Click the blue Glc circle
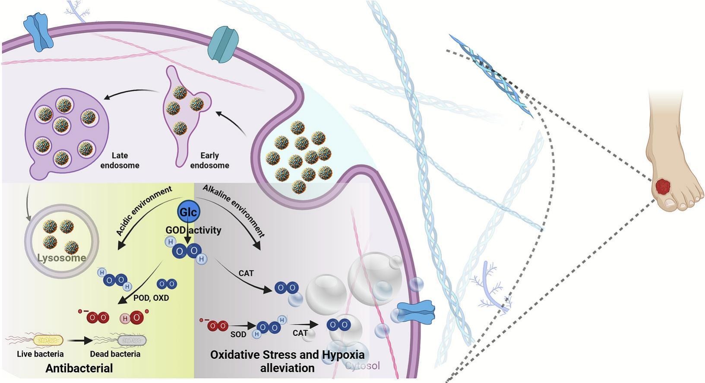[x=188, y=212]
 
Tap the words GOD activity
[x=193, y=230]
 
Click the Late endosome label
[x=120, y=160]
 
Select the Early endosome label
[x=210, y=160]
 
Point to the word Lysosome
[x=62, y=258]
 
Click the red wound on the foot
[x=663, y=186]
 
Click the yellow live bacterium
[x=48, y=341]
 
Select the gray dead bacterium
[x=132, y=341]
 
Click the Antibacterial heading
[x=79, y=368]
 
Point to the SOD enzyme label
[x=238, y=335]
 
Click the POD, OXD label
[x=151, y=298]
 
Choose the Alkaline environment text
[x=234, y=211]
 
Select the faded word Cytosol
[x=363, y=366]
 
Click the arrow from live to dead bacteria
[x=79, y=341]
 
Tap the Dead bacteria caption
[x=115, y=354]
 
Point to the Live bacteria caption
[x=40, y=354]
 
